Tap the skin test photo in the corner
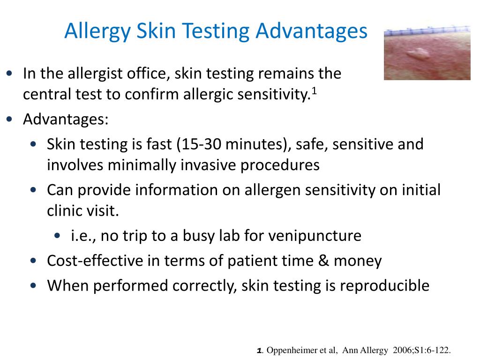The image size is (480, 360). coord(427,52)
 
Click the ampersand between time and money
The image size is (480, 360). coord(324,261)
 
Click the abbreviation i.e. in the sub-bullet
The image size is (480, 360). coord(82,235)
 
